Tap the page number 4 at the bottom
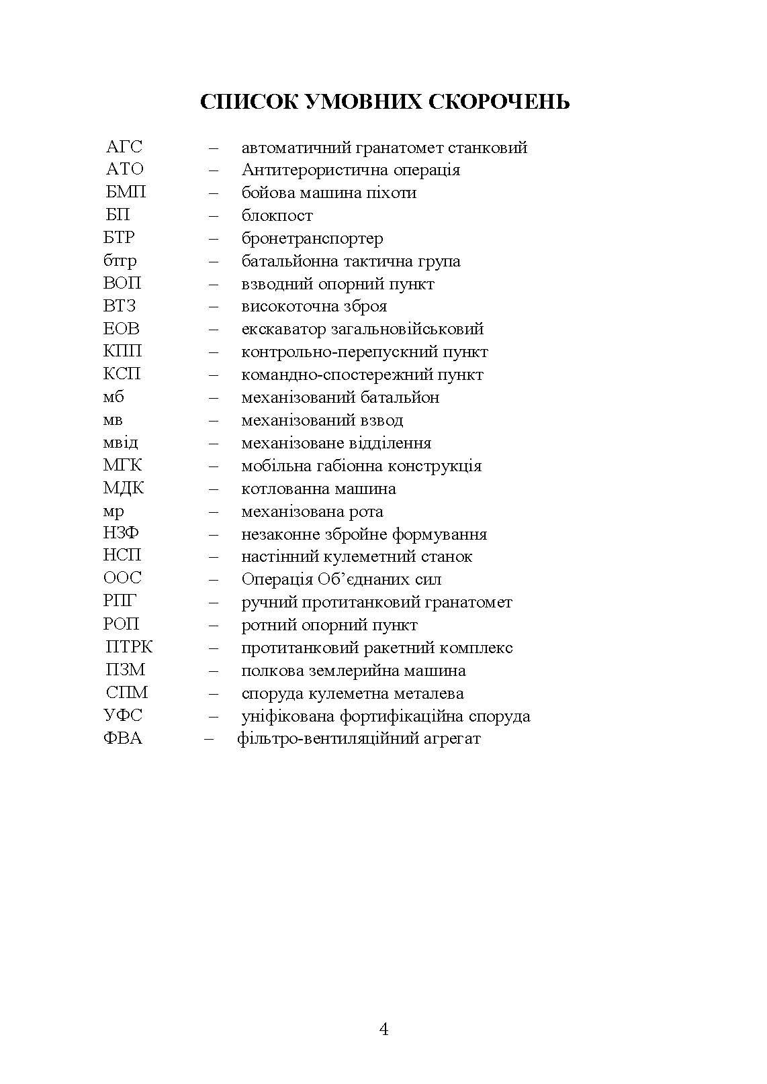tap(383, 1029)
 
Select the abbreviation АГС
tap(124, 147)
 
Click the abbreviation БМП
tap(126, 193)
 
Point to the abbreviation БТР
tap(119, 238)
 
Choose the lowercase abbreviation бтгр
tap(120, 261)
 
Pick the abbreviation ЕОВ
tap(122, 329)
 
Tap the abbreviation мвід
tap(121, 443)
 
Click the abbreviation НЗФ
tap(122, 534)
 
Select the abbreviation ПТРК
tap(129, 648)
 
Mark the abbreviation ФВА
tap(123, 739)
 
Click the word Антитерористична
tap(305, 170)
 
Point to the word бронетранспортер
tap(312, 238)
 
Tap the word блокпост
tap(277, 215)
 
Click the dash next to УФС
tap(214, 716)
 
